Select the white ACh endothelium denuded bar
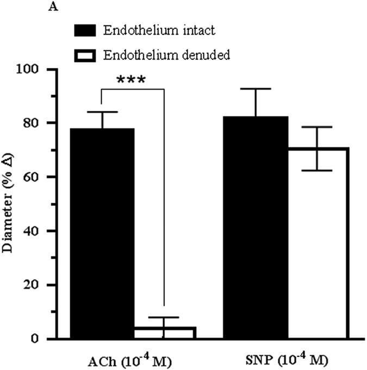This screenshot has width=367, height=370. [x=164, y=333]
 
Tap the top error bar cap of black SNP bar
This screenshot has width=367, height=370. [x=257, y=89]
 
